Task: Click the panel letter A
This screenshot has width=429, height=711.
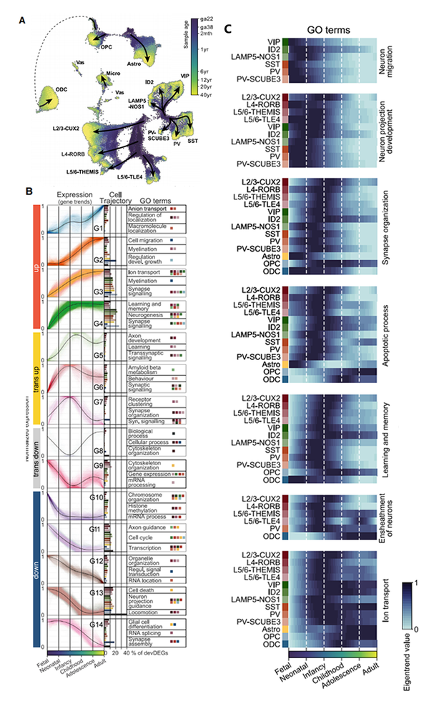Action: (x=26, y=21)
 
